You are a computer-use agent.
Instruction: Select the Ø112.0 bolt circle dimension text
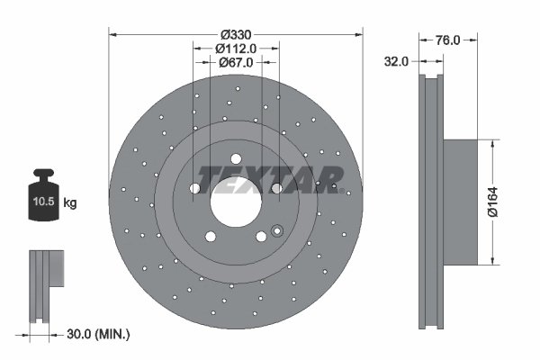tap(237, 49)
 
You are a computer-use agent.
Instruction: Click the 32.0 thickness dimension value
tap(396, 61)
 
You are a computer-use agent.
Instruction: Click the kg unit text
tap(71, 204)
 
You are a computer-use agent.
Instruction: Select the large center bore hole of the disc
tap(236, 202)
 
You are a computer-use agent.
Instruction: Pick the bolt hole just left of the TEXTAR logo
tap(194, 187)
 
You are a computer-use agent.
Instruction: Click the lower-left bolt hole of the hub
tap(210, 238)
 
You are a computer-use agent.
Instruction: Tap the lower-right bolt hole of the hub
tap(261, 237)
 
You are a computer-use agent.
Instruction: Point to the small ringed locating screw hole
tap(276, 229)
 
